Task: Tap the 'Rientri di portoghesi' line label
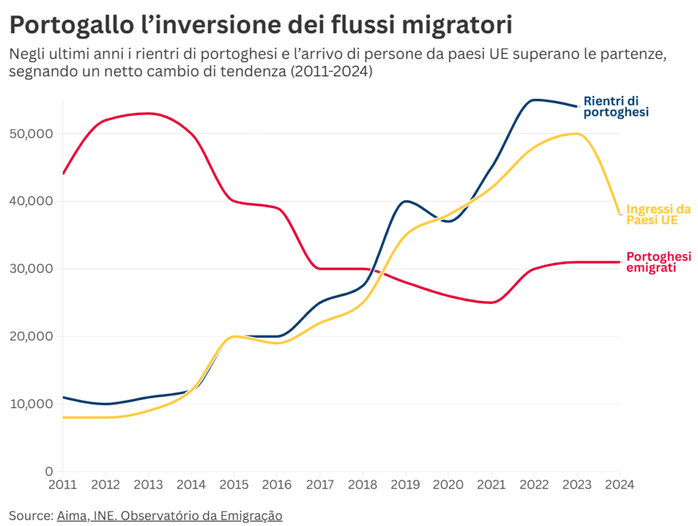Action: coord(616,106)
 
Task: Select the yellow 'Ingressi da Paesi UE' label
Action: coord(658,215)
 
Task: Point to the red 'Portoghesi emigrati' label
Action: coord(658,262)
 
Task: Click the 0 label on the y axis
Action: coord(48,471)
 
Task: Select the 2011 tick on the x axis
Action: coord(63,485)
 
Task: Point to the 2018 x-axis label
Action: coord(362,485)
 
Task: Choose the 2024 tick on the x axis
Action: coord(620,485)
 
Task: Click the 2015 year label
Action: coord(234,485)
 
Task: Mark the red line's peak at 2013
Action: coord(149,113)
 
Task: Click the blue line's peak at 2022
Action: coord(534,100)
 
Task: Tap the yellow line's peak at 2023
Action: coord(577,134)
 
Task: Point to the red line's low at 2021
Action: coord(491,303)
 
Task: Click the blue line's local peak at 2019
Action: coord(406,201)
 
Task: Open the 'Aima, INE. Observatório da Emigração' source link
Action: coord(169,515)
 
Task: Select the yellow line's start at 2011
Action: coord(63,417)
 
